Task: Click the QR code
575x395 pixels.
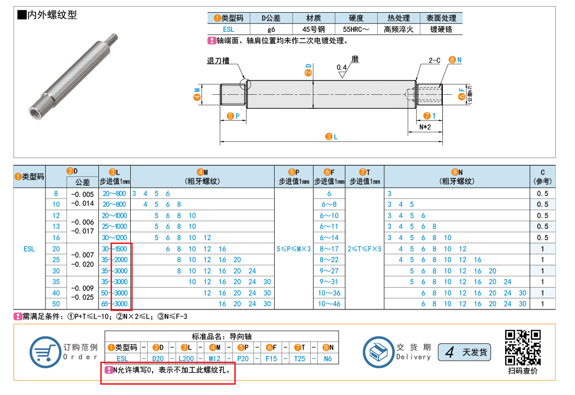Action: (x=523, y=348)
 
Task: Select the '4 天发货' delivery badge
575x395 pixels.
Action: (x=464, y=352)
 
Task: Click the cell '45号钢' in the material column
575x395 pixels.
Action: (x=314, y=29)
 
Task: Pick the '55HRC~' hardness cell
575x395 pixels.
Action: (x=356, y=29)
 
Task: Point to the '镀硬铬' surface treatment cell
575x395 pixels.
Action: (x=441, y=29)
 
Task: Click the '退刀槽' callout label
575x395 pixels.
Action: (x=218, y=61)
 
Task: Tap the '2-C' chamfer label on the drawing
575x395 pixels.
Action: (x=434, y=61)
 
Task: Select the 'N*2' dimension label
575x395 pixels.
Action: (x=425, y=127)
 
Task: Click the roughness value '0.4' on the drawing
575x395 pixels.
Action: (x=342, y=68)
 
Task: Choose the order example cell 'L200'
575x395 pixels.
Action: (x=186, y=358)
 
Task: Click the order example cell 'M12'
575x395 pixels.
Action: (x=214, y=358)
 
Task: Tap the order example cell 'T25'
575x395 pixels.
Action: (x=299, y=358)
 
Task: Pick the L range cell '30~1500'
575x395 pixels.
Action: (x=114, y=249)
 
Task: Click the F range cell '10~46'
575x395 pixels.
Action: (x=329, y=304)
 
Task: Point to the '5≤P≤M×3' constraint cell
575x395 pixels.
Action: (x=294, y=249)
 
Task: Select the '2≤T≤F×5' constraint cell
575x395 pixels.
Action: (x=365, y=249)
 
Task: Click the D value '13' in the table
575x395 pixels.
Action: (x=56, y=227)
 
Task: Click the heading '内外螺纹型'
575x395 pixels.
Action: (x=52, y=15)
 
